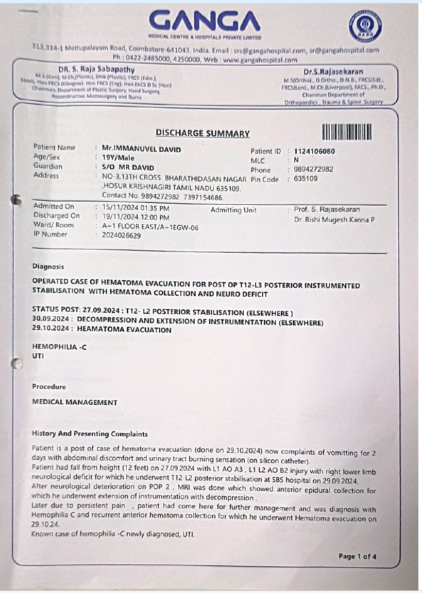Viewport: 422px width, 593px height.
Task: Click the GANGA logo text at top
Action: coord(205,21)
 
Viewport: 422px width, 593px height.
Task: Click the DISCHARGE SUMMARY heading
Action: coord(202,134)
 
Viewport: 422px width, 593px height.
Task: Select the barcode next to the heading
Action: coord(347,133)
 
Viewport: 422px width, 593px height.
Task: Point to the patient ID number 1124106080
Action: coord(314,152)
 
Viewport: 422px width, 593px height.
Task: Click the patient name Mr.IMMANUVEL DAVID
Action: coord(141,149)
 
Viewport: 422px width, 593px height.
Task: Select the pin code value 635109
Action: coord(306,179)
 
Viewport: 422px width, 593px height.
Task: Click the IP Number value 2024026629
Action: coord(121,236)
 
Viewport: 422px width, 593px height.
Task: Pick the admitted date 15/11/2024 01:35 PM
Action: coord(136,208)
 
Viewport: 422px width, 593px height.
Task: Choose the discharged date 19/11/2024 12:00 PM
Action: coord(136,217)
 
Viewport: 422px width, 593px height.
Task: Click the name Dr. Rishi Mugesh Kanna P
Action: coord(334,220)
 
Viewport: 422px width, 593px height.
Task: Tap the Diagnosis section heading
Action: coord(48,267)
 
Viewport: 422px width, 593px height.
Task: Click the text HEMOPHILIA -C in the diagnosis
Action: coord(59,347)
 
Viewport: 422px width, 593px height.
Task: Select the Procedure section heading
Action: coord(49,387)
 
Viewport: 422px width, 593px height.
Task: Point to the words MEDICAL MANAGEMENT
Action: coord(75,403)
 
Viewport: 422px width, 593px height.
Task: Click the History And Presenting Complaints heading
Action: coord(90,434)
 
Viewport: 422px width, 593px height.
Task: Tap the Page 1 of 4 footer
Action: coord(358,556)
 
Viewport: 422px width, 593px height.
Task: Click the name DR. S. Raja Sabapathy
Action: coord(97,69)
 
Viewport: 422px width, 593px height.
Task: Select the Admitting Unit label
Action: coord(233,210)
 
